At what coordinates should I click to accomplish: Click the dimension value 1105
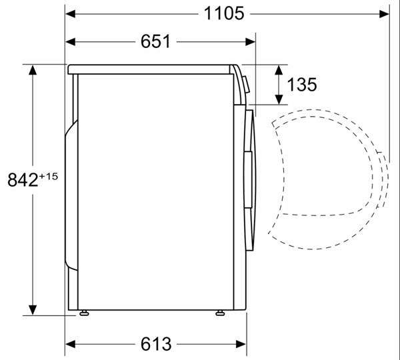[224, 13]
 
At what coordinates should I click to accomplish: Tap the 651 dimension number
[155, 41]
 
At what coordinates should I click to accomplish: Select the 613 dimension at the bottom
[156, 344]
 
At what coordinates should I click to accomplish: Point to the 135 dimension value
[302, 85]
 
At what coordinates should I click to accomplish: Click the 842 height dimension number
[23, 180]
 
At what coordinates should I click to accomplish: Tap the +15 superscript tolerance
[49, 176]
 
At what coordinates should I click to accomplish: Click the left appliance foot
[84, 313]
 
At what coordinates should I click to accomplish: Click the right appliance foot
[220, 313]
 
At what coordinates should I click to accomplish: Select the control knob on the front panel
[247, 85]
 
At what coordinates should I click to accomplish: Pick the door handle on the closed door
[248, 179]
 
